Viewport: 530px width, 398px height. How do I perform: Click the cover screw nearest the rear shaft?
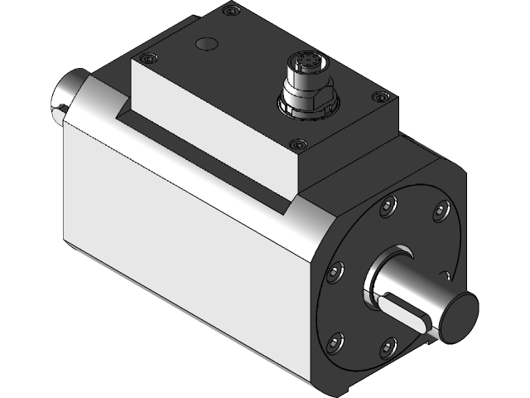147,59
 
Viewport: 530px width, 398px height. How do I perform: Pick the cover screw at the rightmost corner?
379,98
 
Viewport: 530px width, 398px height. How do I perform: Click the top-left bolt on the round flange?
388,208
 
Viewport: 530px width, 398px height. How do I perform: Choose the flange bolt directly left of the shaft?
336,270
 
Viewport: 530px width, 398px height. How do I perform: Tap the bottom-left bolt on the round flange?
335,340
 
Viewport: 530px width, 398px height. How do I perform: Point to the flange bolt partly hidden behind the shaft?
446,274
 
